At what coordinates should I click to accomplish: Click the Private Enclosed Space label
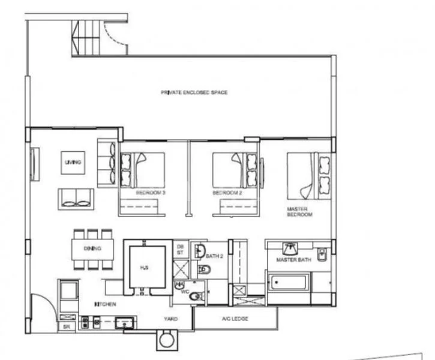(194, 92)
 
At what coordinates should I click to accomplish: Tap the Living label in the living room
(73, 162)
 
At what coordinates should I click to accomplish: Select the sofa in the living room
(76, 197)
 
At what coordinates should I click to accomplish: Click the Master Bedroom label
(298, 212)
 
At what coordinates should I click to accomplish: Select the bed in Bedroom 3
(143, 170)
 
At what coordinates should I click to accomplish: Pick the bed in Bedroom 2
(236, 170)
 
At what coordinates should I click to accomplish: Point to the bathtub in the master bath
(289, 282)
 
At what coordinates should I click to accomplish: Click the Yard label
(170, 319)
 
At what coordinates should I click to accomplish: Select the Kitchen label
(105, 305)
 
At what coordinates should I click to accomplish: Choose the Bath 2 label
(214, 256)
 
